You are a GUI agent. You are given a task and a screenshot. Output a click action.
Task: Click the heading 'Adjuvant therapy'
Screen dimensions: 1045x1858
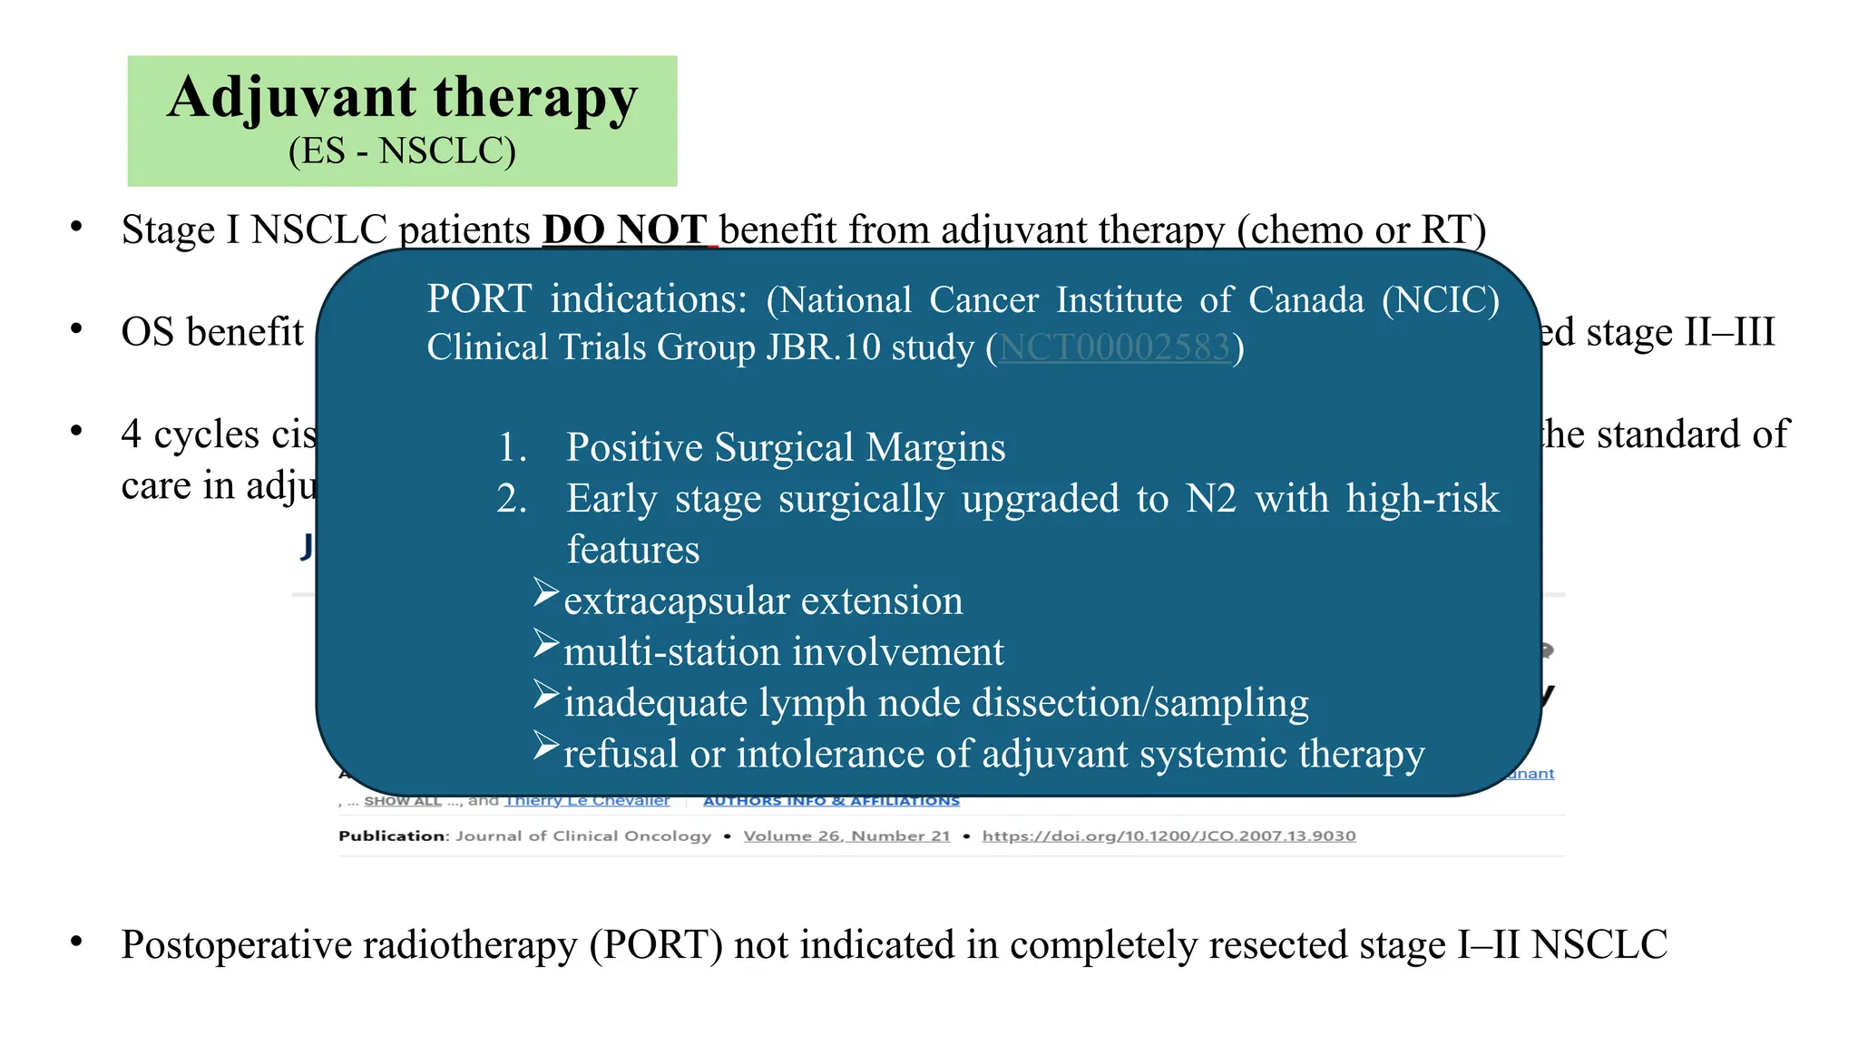pos(402,98)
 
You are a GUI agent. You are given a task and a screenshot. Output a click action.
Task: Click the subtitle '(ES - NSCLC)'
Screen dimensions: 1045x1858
pos(402,151)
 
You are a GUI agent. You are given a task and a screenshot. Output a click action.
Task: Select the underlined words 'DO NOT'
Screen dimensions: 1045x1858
pos(624,230)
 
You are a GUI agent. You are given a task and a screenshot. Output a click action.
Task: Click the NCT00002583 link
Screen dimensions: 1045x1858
pos(1114,347)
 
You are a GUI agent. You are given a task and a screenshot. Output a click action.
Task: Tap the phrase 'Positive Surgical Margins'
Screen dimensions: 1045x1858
pos(786,447)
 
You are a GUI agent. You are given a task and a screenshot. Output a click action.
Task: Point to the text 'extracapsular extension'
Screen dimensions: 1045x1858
pos(763,601)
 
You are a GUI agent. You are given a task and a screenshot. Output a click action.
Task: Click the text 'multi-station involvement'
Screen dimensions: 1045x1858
pos(784,652)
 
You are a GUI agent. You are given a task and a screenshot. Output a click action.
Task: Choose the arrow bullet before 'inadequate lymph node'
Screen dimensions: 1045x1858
pos(546,695)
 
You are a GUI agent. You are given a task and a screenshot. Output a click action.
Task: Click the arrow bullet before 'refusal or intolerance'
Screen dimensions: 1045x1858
pos(546,746)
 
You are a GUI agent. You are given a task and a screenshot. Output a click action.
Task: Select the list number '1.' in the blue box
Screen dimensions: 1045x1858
pos(513,447)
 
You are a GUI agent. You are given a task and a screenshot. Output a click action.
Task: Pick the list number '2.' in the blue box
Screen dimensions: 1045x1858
pos(512,499)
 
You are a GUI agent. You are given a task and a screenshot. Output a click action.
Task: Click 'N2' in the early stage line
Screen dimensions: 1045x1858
pos(1210,499)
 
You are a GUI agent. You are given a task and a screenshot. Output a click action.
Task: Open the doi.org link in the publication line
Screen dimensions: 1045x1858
pos(1169,835)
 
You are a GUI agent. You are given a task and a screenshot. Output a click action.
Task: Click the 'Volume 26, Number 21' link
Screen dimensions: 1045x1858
pos(846,835)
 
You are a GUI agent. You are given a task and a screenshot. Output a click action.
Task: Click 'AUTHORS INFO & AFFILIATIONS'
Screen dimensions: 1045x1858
pos(831,801)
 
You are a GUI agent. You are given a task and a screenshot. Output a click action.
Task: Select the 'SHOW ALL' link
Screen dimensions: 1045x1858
pos(402,801)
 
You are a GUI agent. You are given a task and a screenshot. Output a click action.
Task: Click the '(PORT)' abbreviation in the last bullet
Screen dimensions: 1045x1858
pos(656,944)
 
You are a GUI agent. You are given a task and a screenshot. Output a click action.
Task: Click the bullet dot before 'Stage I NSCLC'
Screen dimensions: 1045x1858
pos(77,227)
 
